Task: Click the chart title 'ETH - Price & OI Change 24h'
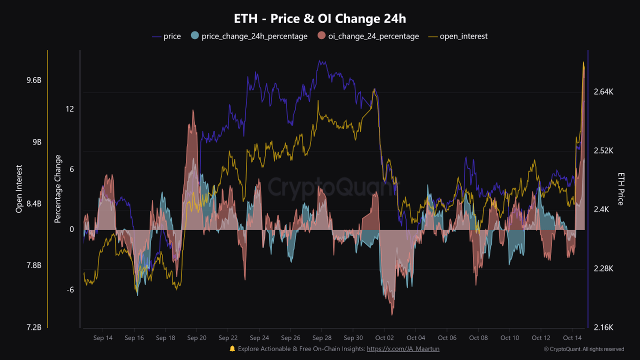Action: [x=320, y=19]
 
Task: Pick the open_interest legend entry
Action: [x=457, y=36]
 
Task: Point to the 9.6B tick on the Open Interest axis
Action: [x=34, y=80]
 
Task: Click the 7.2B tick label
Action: [x=34, y=327]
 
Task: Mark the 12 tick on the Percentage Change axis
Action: [x=70, y=109]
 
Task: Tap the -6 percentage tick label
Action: [x=70, y=290]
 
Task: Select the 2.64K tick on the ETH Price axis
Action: [x=603, y=92]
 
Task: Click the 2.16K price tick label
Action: [x=603, y=327]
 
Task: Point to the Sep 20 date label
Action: [x=196, y=338]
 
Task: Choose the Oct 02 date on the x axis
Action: [x=384, y=338]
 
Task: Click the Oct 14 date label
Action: [x=572, y=338]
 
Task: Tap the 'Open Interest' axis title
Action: [x=19, y=189]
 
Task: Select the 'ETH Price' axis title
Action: [x=621, y=189]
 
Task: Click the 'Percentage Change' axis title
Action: [x=58, y=189]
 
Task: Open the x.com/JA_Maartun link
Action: [x=403, y=349]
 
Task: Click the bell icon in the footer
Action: [x=232, y=349]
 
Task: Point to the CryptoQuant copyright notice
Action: [x=584, y=349]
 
